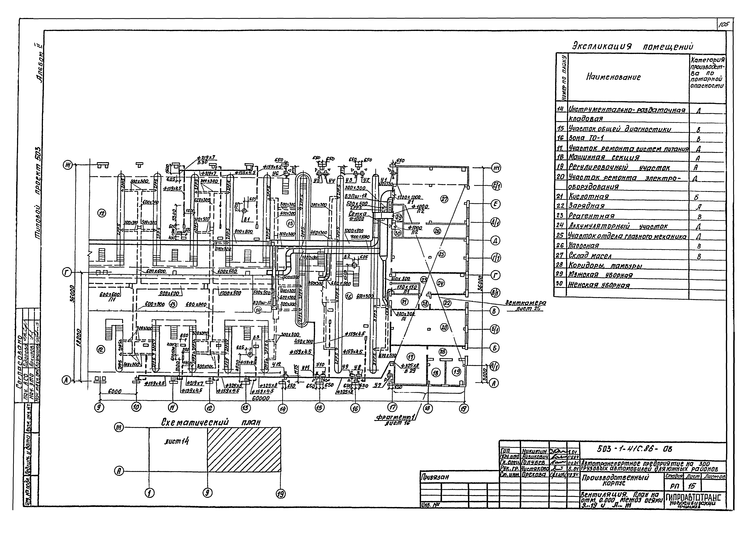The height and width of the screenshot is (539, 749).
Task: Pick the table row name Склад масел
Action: click(x=589, y=255)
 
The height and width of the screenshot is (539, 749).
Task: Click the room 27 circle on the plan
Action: click(x=445, y=199)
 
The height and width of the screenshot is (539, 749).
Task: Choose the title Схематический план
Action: click(x=211, y=422)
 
